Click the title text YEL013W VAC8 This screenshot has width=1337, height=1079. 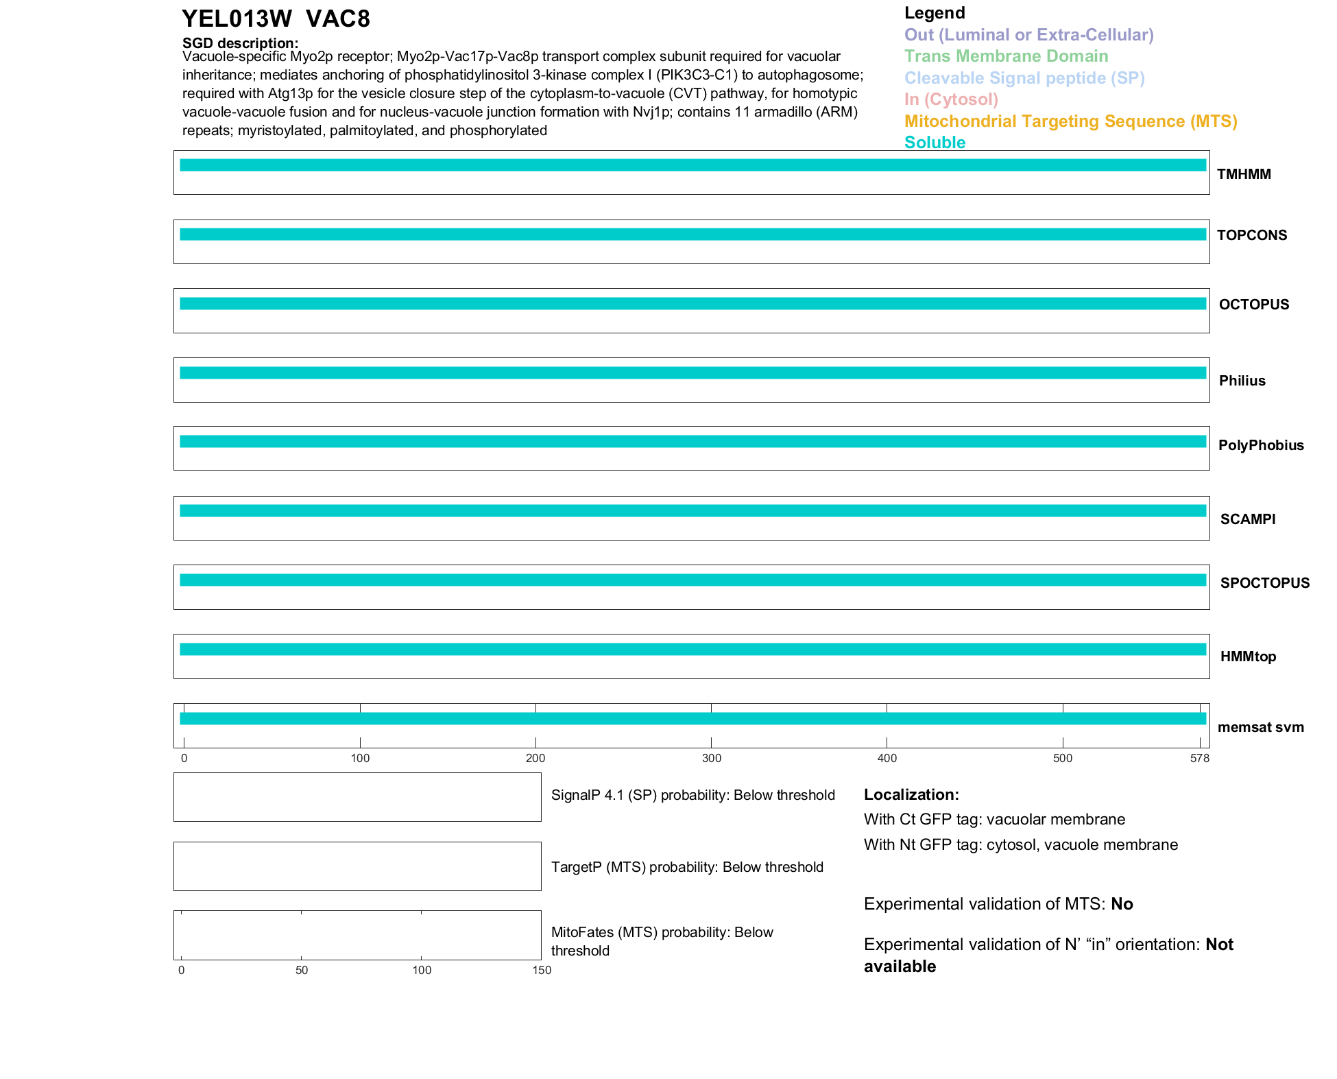click(x=276, y=19)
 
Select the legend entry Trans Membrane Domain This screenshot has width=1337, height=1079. click(x=1006, y=56)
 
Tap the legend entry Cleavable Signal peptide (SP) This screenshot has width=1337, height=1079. click(x=1024, y=78)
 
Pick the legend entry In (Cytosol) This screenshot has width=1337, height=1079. click(x=951, y=99)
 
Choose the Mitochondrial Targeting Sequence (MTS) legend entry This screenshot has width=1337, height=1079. click(x=1070, y=121)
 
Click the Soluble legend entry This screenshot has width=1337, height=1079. click(x=935, y=143)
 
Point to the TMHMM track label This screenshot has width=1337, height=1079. click(x=1244, y=174)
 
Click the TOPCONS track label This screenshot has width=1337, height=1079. click(x=1251, y=235)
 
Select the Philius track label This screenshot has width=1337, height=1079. click(x=1242, y=381)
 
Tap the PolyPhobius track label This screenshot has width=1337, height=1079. click(x=1260, y=445)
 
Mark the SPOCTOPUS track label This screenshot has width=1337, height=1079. click(x=1264, y=583)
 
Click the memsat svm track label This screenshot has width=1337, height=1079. click(x=1260, y=727)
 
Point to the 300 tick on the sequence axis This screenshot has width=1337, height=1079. click(x=712, y=758)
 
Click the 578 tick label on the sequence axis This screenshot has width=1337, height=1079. click(x=1200, y=758)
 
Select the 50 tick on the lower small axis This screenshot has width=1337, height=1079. click(x=302, y=970)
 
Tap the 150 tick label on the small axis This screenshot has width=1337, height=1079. click(x=542, y=970)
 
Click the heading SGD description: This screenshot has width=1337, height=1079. click(x=240, y=43)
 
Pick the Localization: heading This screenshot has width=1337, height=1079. click(x=911, y=794)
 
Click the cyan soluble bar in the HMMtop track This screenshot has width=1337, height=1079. click(x=692, y=649)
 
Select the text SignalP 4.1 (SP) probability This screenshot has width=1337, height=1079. click(x=639, y=795)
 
